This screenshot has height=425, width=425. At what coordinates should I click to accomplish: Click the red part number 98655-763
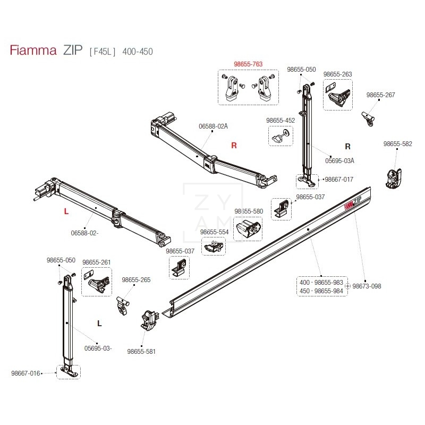click(x=248, y=64)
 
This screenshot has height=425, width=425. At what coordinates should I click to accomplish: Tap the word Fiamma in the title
click(x=33, y=51)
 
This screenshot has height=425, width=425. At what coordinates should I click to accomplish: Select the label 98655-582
click(x=397, y=144)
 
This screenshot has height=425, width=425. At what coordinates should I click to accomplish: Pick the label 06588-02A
click(x=213, y=126)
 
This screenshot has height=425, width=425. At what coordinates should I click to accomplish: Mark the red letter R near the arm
click(x=234, y=145)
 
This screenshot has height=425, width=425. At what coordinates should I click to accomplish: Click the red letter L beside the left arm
click(x=66, y=211)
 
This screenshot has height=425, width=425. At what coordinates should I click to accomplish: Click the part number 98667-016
click(x=25, y=373)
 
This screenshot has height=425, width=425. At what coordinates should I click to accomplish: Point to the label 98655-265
click(x=137, y=280)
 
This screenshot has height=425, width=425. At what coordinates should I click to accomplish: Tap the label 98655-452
click(x=280, y=121)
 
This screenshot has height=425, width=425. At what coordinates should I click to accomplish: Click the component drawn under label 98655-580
click(x=248, y=229)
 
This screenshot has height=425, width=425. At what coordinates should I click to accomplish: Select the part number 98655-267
click(x=381, y=95)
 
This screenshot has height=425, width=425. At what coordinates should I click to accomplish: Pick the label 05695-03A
click(x=339, y=160)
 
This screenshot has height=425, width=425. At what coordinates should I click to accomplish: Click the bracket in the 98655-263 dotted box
click(x=337, y=97)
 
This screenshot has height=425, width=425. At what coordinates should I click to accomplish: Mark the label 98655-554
click(x=214, y=232)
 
